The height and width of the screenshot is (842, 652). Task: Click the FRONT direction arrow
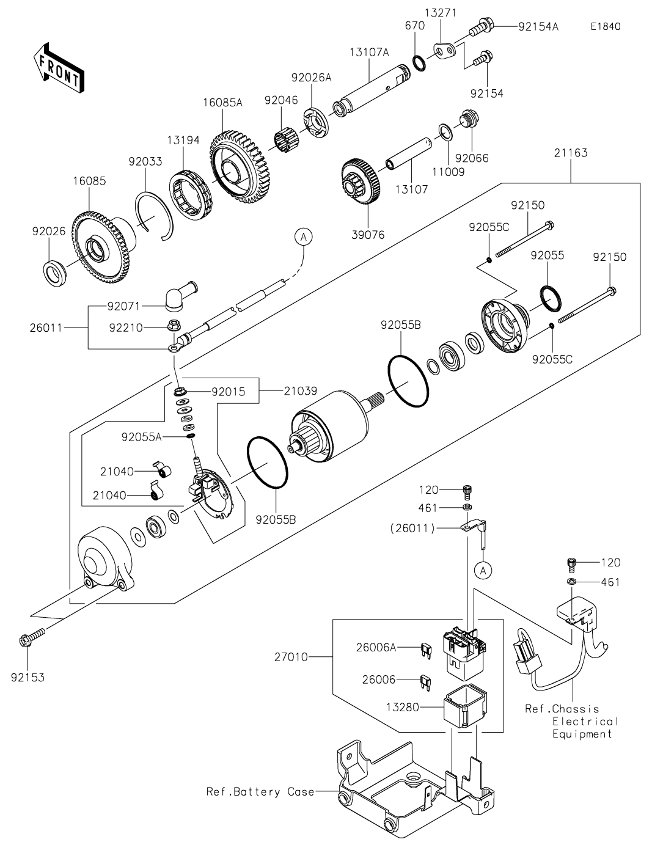[x=58, y=67]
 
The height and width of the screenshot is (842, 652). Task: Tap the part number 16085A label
[x=222, y=103]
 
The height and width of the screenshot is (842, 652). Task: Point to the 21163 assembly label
[x=571, y=153]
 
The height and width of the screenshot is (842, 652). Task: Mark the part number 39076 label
[x=368, y=234]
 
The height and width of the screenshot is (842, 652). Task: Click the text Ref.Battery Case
[x=260, y=792]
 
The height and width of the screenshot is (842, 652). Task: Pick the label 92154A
[x=538, y=26]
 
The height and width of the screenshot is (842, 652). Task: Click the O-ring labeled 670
[x=419, y=62]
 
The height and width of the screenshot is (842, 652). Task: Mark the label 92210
[x=126, y=328]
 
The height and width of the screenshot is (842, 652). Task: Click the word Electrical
[x=585, y=721]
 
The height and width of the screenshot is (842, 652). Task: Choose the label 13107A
[x=369, y=53]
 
